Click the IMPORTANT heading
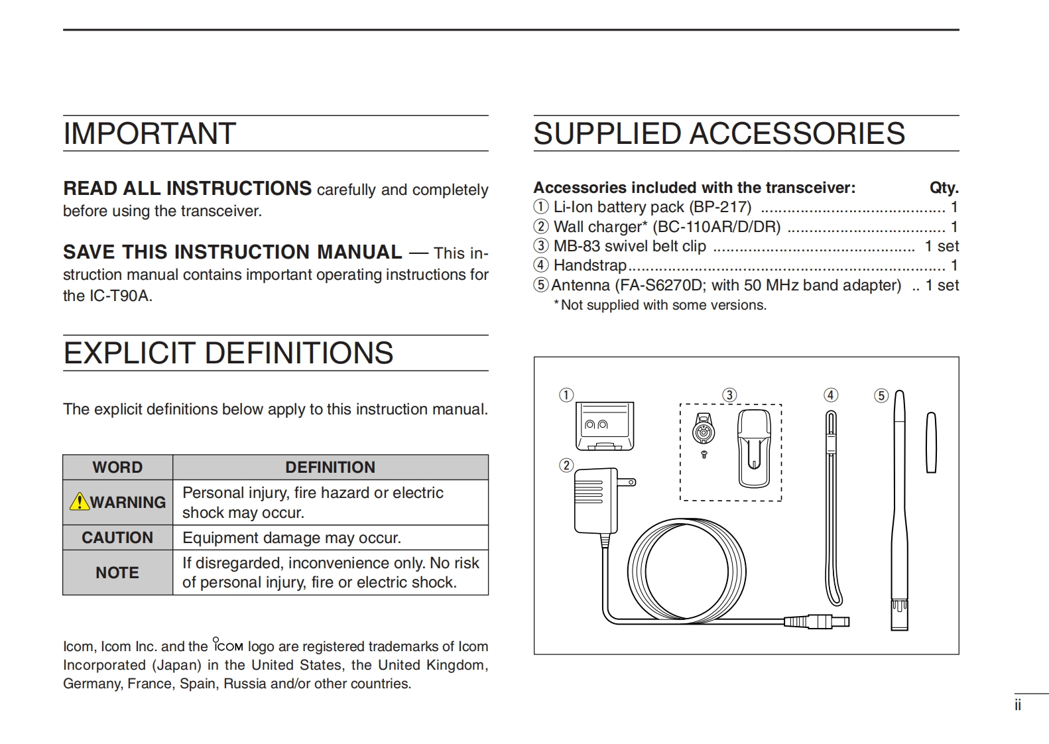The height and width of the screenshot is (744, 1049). point(149,134)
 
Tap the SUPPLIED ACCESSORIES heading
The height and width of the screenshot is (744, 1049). point(719,134)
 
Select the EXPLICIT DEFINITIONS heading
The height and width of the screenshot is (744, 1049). point(228,353)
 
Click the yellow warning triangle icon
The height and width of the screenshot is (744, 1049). point(79,501)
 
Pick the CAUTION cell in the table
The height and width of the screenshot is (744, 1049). point(117,538)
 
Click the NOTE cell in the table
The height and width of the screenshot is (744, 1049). point(117,572)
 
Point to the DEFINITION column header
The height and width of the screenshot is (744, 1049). point(330,467)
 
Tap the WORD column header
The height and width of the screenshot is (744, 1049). point(117,467)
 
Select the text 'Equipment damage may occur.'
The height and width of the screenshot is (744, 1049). point(292,538)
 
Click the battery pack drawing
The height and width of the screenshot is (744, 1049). point(604,426)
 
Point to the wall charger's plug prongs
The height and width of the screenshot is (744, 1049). point(627,481)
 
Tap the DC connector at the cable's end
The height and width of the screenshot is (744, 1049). point(817,622)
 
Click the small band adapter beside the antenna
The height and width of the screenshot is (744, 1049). point(931,442)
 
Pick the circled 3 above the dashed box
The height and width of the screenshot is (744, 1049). point(729,395)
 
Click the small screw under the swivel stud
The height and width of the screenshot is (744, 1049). point(704,454)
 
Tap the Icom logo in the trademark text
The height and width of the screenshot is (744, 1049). point(228,645)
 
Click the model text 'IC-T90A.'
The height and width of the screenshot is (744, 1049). point(121,296)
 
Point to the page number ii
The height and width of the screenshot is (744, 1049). point(1018,706)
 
